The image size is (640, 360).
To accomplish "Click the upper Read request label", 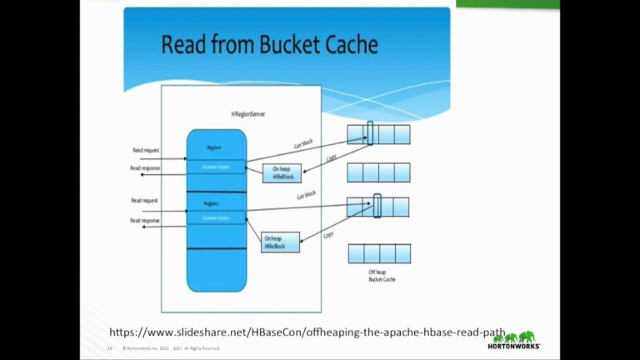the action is (146, 151).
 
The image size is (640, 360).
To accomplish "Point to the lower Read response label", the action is (145, 220).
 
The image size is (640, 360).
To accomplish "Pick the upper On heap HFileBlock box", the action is (281, 172).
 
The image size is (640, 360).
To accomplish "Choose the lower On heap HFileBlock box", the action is (280, 242).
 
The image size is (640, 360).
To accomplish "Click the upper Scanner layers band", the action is (216, 167).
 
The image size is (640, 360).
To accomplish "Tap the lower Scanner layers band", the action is (216, 217).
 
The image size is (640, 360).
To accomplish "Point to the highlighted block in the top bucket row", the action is (371, 134).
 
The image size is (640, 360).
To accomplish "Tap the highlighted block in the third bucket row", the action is (377, 206).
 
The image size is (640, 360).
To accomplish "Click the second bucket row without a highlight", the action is (378, 172).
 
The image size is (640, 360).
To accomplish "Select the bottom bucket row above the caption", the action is (379, 253).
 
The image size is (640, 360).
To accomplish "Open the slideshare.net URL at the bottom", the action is (307, 332).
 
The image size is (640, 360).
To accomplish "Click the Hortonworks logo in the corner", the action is (517, 340).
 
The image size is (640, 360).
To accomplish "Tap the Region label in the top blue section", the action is (214, 147).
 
